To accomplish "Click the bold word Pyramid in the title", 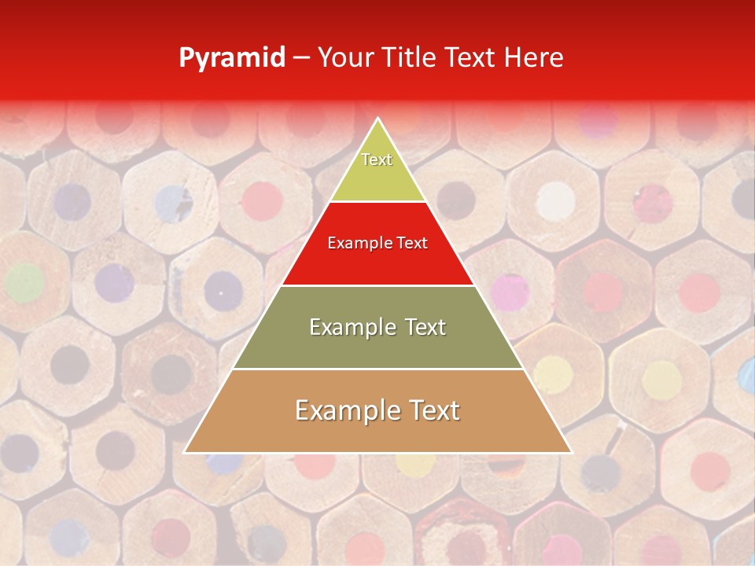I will (232, 58).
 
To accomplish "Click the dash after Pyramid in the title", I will (301, 58).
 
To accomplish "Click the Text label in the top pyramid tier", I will (377, 160).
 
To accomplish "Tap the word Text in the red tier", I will (413, 244).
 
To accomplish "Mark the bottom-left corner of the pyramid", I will (185, 453).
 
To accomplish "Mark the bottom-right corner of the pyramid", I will (571, 453).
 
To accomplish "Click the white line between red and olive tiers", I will (377, 285).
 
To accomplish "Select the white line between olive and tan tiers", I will (377, 369).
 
